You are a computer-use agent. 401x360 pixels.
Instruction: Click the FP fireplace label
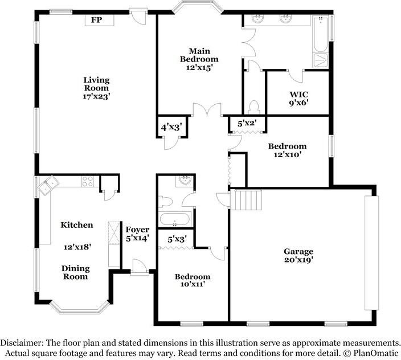pyautogui.click(x=97, y=20)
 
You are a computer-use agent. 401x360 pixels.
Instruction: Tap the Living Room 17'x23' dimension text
pyautogui.click(x=96, y=97)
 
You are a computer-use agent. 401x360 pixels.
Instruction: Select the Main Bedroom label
pyautogui.click(x=199, y=55)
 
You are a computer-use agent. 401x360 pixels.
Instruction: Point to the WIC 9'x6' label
pyautogui.click(x=298, y=99)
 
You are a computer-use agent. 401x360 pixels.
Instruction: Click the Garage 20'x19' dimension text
pyautogui.click(x=298, y=260)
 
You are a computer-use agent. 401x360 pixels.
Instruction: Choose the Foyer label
pyautogui.click(x=137, y=230)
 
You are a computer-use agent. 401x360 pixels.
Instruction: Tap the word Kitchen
pyautogui.click(x=77, y=225)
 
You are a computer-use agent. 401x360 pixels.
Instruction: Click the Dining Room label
pyautogui.click(x=76, y=272)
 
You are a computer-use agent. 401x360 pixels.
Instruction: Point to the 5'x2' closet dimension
pyautogui.click(x=247, y=124)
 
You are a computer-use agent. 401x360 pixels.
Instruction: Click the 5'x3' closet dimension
pyautogui.click(x=177, y=239)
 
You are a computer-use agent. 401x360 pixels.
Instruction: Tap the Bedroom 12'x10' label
pyautogui.click(x=287, y=150)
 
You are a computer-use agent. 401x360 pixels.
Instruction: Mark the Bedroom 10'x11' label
pyautogui.click(x=193, y=280)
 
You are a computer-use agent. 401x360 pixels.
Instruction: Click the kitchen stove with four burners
pyautogui.click(x=88, y=181)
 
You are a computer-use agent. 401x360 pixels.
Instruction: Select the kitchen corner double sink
pyautogui.click(x=48, y=185)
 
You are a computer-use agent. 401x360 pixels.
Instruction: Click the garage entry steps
pyautogui.click(x=247, y=200)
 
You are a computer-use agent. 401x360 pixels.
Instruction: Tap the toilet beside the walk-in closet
pyautogui.click(x=254, y=108)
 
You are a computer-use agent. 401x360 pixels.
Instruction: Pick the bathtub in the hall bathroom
pyautogui.click(x=175, y=219)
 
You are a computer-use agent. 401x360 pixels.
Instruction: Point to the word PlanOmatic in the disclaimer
pyautogui.click(x=375, y=353)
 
